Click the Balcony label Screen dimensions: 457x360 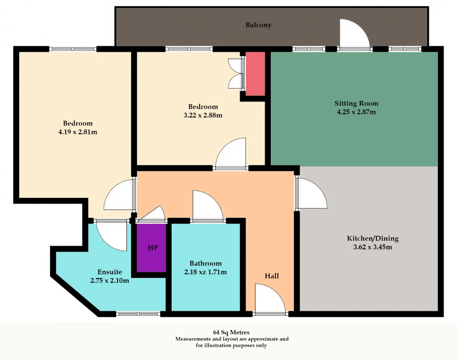258,25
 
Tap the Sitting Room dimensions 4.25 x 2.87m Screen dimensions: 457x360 356,112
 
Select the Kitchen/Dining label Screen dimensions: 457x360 373,238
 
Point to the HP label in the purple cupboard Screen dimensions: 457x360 153,248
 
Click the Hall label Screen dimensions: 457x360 272,276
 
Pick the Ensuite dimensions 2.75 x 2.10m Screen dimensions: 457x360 110,280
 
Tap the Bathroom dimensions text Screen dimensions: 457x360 205,272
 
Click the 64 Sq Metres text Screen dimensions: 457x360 231,332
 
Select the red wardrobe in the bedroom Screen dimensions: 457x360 255,73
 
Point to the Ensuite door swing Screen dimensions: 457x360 112,235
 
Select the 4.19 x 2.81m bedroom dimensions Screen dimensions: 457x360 78,132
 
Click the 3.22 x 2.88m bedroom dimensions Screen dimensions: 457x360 203,115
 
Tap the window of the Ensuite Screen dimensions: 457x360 138,314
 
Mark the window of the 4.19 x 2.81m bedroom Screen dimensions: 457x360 73,49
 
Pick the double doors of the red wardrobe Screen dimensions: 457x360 236,73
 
